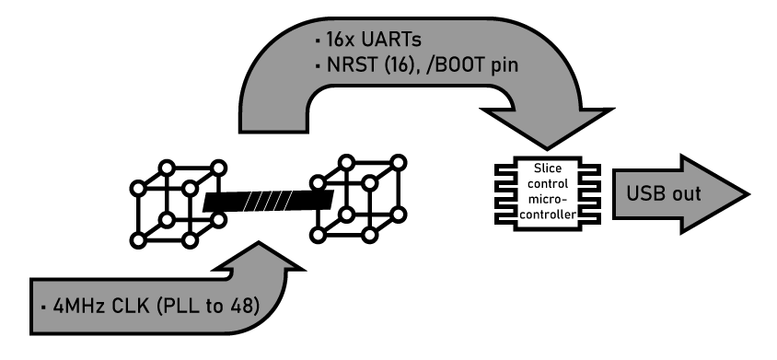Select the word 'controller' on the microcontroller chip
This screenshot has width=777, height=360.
click(548, 215)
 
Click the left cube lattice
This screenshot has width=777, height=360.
click(178, 203)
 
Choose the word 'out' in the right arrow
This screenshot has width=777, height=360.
click(686, 196)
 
